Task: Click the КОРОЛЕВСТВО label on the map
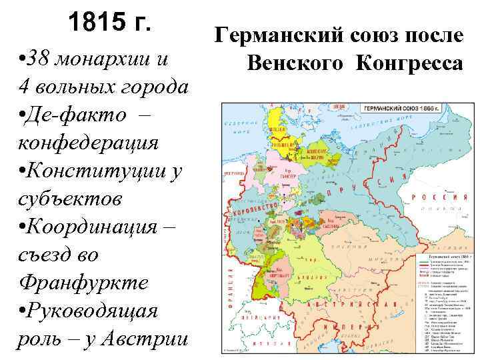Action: pyautogui.click(x=255, y=208)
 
